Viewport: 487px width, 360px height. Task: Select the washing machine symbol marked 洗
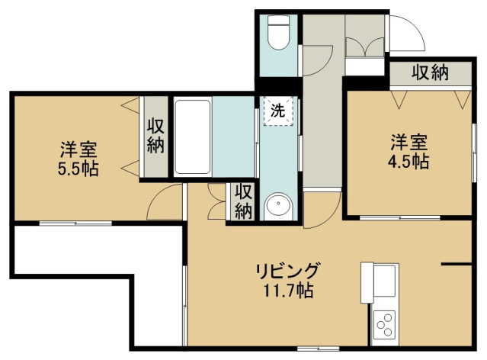pyautogui.click(x=278, y=111)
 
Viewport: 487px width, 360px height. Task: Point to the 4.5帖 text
pyautogui.click(x=409, y=161)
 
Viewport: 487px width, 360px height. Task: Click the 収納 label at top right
pyautogui.click(x=431, y=73)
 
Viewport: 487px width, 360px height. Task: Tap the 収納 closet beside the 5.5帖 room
pyautogui.click(x=155, y=135)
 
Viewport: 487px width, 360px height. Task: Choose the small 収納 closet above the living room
pyautogui.click(x=243, y=201)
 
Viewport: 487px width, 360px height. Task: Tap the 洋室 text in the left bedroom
pyautogui.click(x=78, y=149)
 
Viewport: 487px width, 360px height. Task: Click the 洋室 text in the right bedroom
pyautogui.click(x=409, y=143)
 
